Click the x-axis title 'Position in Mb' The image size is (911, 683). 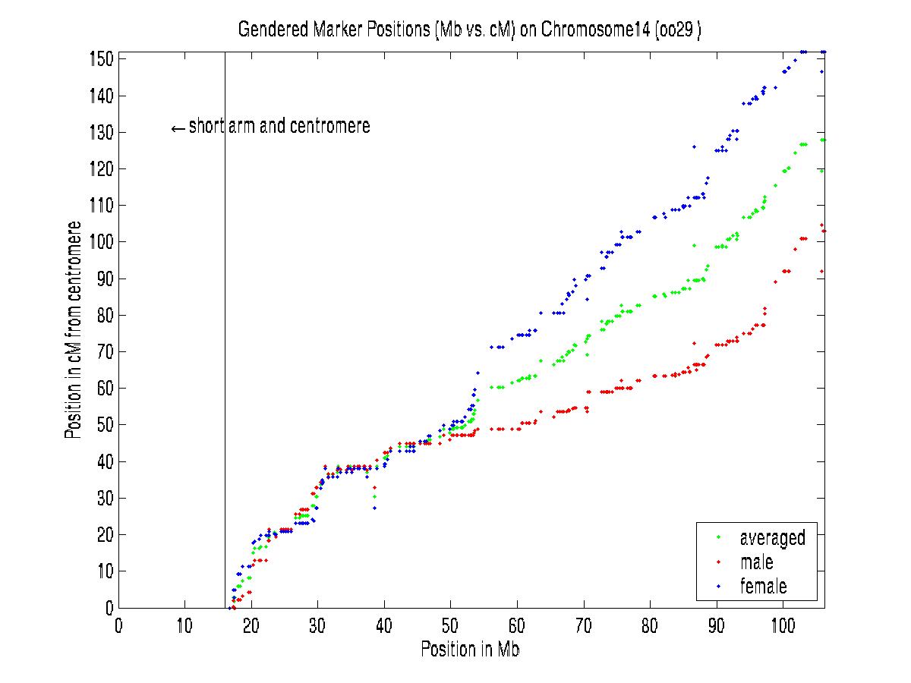pyautogui.click(x=470, y=650)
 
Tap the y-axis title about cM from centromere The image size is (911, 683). pyautogui.click(x=74, y=330)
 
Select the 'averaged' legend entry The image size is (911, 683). pyautogui.click(x=772, y=538)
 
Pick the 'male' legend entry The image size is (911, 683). pyautogui.click(x=756, y=562)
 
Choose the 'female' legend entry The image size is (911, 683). pyautogui.click(x=763, y=586)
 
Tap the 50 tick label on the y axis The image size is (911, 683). pyautogui.click(x=106, y=425)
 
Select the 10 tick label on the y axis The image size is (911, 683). pyautogui.click(x=106, y=571)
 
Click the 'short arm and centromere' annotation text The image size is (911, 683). pyautogui.click(x=279, y=127)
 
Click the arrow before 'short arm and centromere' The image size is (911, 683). pyautogui.click(x=178, y=128)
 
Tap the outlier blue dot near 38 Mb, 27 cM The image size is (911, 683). pyautogui.click(x=374, y=508)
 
